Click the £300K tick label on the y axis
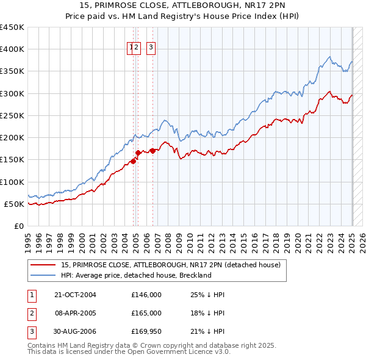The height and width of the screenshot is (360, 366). coord(12,93)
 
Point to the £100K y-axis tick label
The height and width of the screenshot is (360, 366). coord(12,182)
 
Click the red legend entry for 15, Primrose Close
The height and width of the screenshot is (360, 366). coord(170,265)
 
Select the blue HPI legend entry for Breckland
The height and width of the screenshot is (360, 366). coord(135,275)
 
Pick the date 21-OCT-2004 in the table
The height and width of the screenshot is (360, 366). coord(75,295)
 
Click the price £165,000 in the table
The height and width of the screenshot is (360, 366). coord(146,313)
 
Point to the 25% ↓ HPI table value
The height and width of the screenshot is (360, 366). coord(207,295)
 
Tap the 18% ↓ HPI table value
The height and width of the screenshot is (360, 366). coord(207,313)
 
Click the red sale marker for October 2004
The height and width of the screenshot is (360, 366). coord(133,162)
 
